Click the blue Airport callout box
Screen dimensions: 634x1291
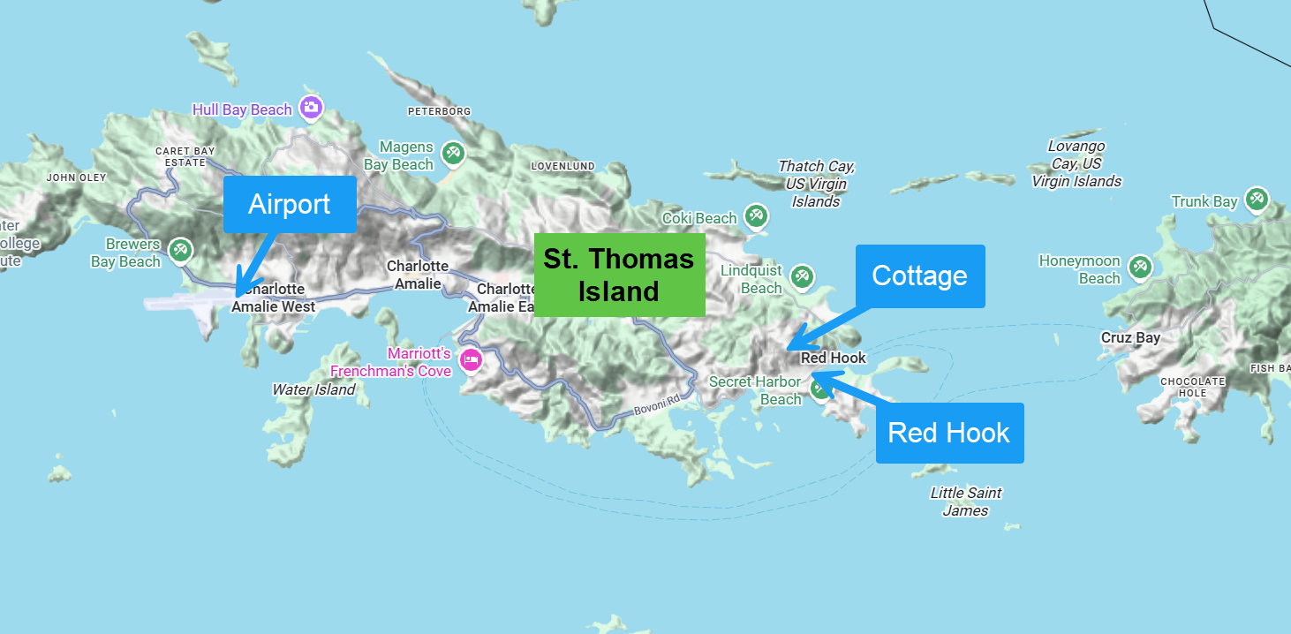click(290, 204)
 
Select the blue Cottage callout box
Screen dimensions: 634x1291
click(919, 275)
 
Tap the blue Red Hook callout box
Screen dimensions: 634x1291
click(949, 433)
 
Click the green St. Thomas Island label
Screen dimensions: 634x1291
click(619, 275)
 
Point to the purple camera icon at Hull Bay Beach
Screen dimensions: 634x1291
click(310, 108)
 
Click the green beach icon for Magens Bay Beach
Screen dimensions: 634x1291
click(454, 153)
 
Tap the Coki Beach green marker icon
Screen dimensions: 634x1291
click(755, 215)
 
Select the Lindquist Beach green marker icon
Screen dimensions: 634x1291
click(802, 276)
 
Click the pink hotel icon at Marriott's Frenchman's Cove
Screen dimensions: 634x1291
click(472, 359)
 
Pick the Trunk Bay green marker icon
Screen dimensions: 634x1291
click(1256, 200)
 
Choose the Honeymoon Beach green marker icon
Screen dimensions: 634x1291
click(1140, 267)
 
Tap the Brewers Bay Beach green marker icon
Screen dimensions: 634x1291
click(181, 250)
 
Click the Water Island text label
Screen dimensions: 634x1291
click(313, 389)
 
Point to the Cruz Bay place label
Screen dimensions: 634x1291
click(1130, 337)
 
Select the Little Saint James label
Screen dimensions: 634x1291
click(966, 502)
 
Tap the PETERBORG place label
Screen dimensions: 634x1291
click(439, 111)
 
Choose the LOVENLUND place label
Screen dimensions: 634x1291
click(562, 166)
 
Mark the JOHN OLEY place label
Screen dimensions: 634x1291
click(76, 177)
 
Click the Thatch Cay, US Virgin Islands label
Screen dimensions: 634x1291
click(816, 184)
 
